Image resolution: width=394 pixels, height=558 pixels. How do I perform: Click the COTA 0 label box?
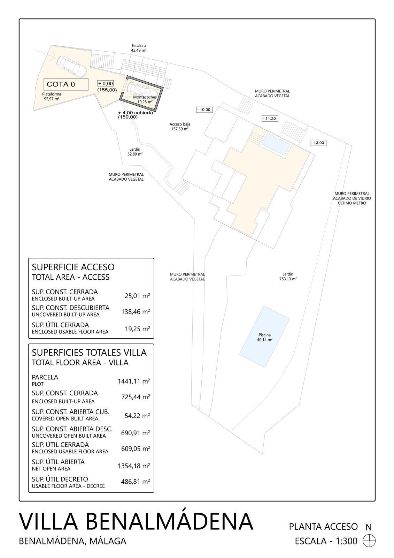click(65, 84)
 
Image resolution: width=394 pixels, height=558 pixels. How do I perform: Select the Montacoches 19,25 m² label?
click(145, 99)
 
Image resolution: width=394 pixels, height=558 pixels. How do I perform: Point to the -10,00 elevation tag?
click(204, 110)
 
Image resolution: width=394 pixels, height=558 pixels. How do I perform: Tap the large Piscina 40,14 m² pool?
click(264, 337)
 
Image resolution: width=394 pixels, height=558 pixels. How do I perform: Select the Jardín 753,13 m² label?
click(288, 277)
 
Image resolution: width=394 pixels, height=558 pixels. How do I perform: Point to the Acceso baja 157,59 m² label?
click(180, 126)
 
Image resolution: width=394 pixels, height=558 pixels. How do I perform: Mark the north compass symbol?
click(369, 541)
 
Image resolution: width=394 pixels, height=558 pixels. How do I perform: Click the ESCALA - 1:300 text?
click(326, 541)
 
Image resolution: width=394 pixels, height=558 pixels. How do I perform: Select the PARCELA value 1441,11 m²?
click(134, 381)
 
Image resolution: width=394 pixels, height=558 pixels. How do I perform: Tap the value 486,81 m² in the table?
click(135, 482)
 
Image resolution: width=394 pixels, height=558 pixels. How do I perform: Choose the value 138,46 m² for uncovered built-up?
click(135, 311)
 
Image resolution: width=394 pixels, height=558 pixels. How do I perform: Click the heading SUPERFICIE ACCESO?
click(73, 267)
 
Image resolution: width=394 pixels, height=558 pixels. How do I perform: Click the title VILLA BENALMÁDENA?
click(136, 522)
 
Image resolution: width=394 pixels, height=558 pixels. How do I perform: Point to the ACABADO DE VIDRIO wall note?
click(352, 198)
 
